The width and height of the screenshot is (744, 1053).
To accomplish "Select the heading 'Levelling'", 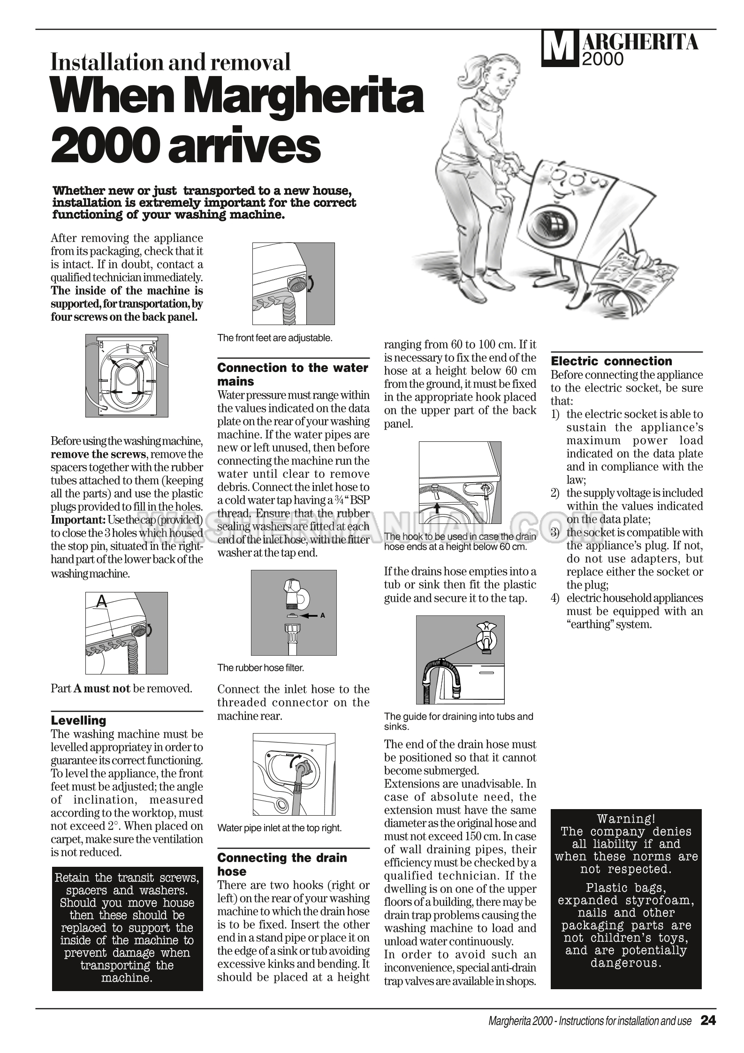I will click(78, 720).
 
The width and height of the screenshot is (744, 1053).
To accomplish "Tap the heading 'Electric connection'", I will click(611, 361).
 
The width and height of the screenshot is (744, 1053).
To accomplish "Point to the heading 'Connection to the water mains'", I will click(293, 374).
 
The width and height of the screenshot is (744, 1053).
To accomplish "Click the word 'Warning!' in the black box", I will click(626, 819).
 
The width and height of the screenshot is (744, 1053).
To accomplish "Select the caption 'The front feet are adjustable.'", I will click(274, 338).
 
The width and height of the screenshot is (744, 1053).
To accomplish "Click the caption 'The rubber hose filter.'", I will click(260, 667).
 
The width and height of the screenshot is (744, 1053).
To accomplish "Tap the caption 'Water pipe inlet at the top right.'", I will click(279, 828).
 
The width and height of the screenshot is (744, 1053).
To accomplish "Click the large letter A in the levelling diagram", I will click(101, 602).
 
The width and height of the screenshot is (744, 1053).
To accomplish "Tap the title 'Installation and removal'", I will click(171, 62).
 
